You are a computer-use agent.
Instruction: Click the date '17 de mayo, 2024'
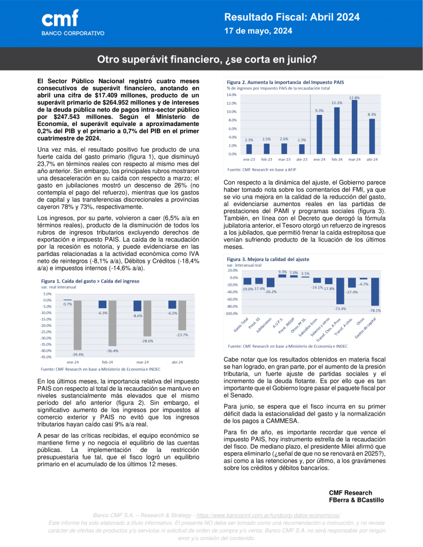pos(257,31)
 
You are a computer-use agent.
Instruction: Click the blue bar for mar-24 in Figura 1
pos(137,306)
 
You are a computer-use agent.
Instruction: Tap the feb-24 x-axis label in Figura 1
pos(109,362)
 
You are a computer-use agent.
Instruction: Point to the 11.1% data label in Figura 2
pos(336,103)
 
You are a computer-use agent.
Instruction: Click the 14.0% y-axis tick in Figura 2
pos(232,95)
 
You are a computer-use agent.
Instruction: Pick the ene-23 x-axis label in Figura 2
pos(249,159)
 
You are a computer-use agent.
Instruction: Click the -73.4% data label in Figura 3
pos(340,309)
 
